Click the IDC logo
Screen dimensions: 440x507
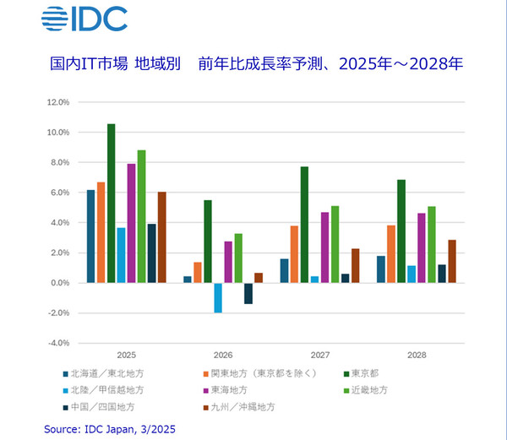pos(84,19)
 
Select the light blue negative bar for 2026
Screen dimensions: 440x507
pos(218,297)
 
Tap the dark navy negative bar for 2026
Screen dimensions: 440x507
pos(248,293)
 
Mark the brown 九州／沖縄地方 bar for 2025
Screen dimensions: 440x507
pos(162,237)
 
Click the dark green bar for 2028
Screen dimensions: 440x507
pos(401,231)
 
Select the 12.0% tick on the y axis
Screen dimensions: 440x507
pos(57,102)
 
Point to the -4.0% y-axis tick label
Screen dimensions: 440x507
pos(57,343)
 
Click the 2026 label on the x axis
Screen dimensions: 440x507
pos(223,356)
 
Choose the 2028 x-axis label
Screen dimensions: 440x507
pos(416,356)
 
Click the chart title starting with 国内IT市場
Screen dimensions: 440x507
pos(253,64)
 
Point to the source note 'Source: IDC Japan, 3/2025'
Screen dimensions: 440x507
pos(111,430)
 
